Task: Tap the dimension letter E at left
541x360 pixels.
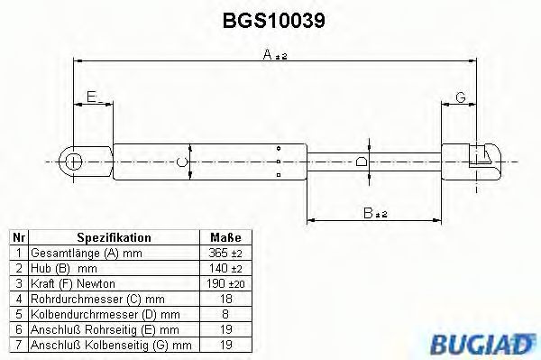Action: click(x=92, y=97)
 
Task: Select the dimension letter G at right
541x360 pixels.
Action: click(x=459, y=97)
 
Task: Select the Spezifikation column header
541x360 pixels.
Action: click(x=113, y=237)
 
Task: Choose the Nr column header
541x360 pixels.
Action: click(x=19, y=237)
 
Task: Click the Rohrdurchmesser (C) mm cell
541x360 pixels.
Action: click(x=85, y=299)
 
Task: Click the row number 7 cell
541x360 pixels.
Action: click(x=19, y=345)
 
